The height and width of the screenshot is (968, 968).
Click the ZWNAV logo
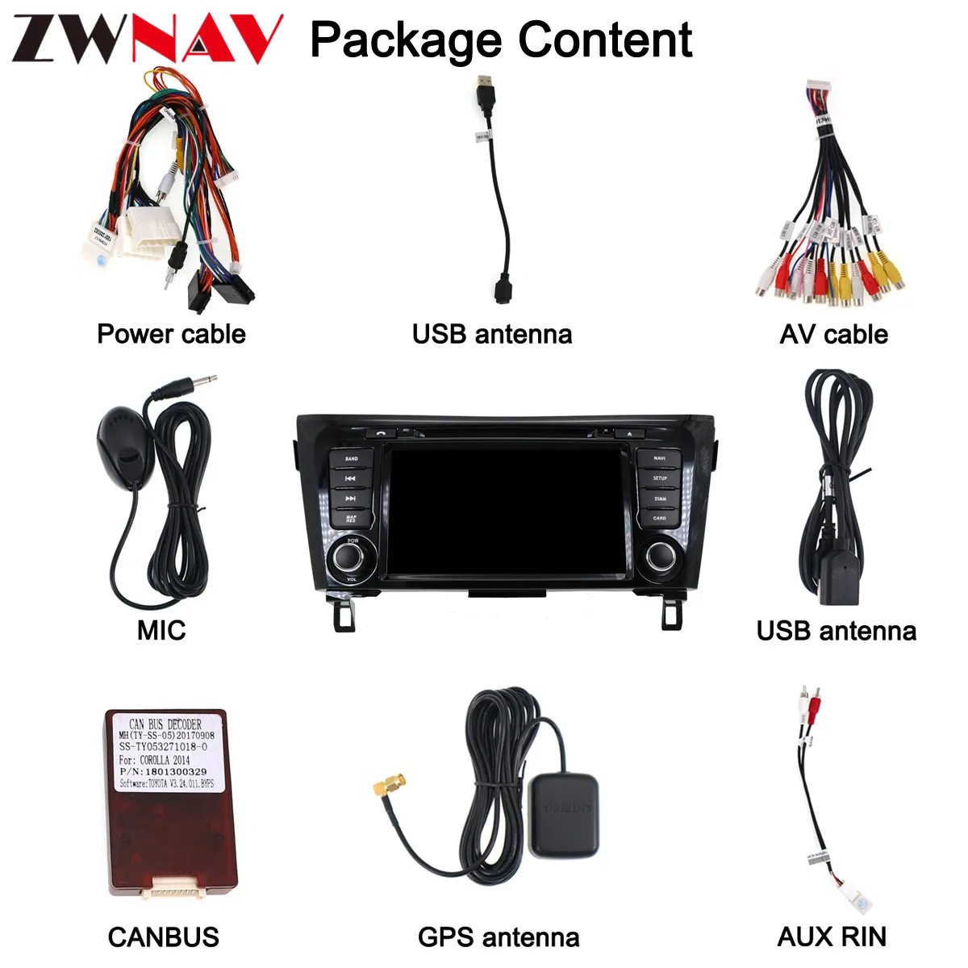[148, 39]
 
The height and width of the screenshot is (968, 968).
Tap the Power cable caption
[171, 334]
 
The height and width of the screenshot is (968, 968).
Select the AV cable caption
[833, 334]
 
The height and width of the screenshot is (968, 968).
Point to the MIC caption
[161, 630]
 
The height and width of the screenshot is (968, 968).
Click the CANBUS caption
[164, 937]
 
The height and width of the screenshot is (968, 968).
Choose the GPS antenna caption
[499, 937]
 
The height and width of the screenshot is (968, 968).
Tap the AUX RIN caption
[832, 937]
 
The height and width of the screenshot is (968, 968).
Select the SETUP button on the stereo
[660, 478]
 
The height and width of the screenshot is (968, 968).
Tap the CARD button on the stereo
[660, 518]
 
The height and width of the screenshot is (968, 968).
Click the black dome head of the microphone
[121, 440]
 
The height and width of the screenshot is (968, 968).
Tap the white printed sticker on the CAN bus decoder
[167, 752]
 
